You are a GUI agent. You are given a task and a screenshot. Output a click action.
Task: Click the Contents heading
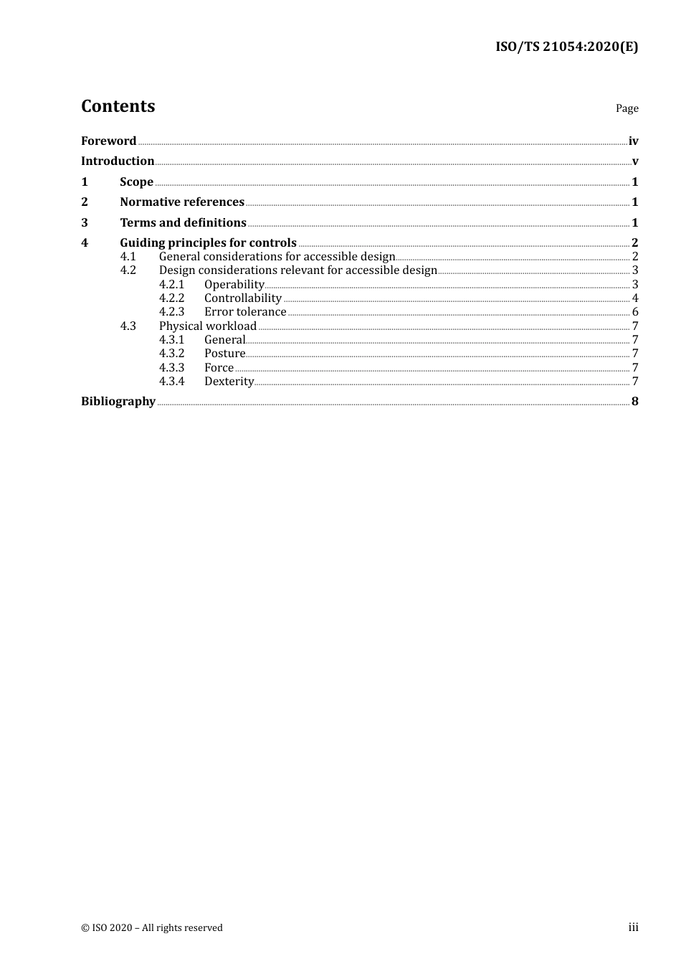coord(118,106)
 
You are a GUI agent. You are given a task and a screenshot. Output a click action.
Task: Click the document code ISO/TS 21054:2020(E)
coord(566,47)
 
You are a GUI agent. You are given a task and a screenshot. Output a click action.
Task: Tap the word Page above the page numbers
coord(627,108)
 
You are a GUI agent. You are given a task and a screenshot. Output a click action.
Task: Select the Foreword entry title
coord(108,141)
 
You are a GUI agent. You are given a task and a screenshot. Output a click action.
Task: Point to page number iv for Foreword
coord(633,141)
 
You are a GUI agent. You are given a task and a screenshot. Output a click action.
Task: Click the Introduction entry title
coord(118,161)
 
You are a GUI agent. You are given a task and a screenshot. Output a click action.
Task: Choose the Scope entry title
coord(136,182)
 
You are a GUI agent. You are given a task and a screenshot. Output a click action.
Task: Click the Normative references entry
coord(182,202)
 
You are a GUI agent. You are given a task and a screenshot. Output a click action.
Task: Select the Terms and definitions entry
coord(183,223)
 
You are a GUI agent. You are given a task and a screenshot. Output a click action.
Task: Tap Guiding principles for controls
coord(208,243)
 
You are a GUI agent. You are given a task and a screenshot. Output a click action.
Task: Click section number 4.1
coord(128,257)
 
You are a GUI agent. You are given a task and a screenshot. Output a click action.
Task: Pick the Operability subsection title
coord(234,285)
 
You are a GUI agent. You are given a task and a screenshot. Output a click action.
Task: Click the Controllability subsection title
coord(242,298)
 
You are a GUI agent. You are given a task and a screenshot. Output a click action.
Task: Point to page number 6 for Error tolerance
coord(635,312)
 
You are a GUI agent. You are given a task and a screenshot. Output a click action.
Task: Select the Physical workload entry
coord(207,326)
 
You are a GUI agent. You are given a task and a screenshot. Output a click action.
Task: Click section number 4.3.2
coord(171,354)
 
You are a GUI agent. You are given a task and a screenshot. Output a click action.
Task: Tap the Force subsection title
coord(219,368)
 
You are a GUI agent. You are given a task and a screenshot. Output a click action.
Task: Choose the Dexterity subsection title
coord(229,382)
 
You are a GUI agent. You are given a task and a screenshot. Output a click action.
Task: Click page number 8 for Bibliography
coord(635,402)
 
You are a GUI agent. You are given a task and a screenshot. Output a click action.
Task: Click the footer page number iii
coord(633,927)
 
